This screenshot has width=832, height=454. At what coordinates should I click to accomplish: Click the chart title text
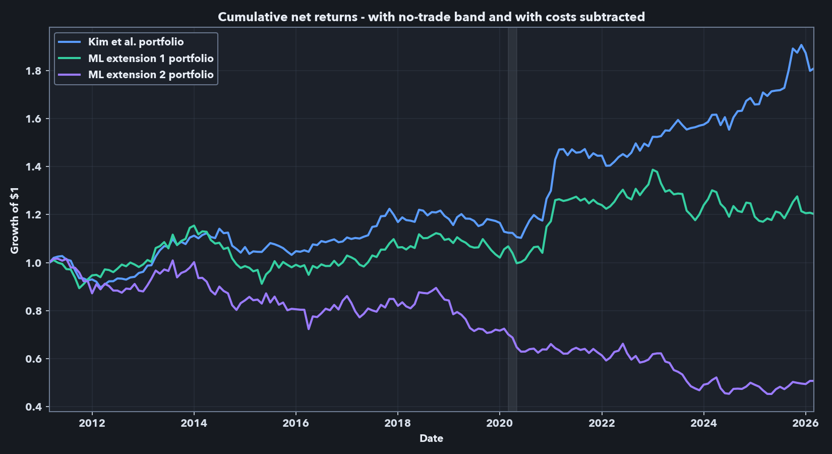point(431,17)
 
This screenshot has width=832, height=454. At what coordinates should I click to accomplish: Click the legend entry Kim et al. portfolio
point(136,42)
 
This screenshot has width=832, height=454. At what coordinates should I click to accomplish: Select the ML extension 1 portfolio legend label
point(151,59)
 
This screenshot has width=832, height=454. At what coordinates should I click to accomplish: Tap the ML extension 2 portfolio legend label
point(151,75)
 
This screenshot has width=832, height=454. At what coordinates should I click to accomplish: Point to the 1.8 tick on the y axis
point(33,71)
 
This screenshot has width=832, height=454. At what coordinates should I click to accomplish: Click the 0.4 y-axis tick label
point(33,407)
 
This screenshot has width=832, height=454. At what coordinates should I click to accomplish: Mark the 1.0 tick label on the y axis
point(33,263)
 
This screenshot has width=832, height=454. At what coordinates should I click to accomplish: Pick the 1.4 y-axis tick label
point(33,166)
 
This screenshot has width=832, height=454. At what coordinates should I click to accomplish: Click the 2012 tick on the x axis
point(92,423)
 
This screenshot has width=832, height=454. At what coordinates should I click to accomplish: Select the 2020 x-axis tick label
point(499,423)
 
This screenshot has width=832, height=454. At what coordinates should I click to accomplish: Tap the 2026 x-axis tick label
point(805,423)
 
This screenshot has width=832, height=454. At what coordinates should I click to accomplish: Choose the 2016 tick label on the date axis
point(295,423)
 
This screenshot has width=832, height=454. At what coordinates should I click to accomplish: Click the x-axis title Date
point(431,438)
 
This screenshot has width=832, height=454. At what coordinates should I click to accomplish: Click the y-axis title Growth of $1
point(15,220)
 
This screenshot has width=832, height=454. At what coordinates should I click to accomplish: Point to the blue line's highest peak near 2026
point(801,45)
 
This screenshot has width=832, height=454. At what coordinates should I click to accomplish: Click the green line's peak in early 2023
point(653,169)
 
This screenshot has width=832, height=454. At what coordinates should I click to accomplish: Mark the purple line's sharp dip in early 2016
point(309,329)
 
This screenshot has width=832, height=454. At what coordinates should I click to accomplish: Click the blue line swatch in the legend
point(70,42)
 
